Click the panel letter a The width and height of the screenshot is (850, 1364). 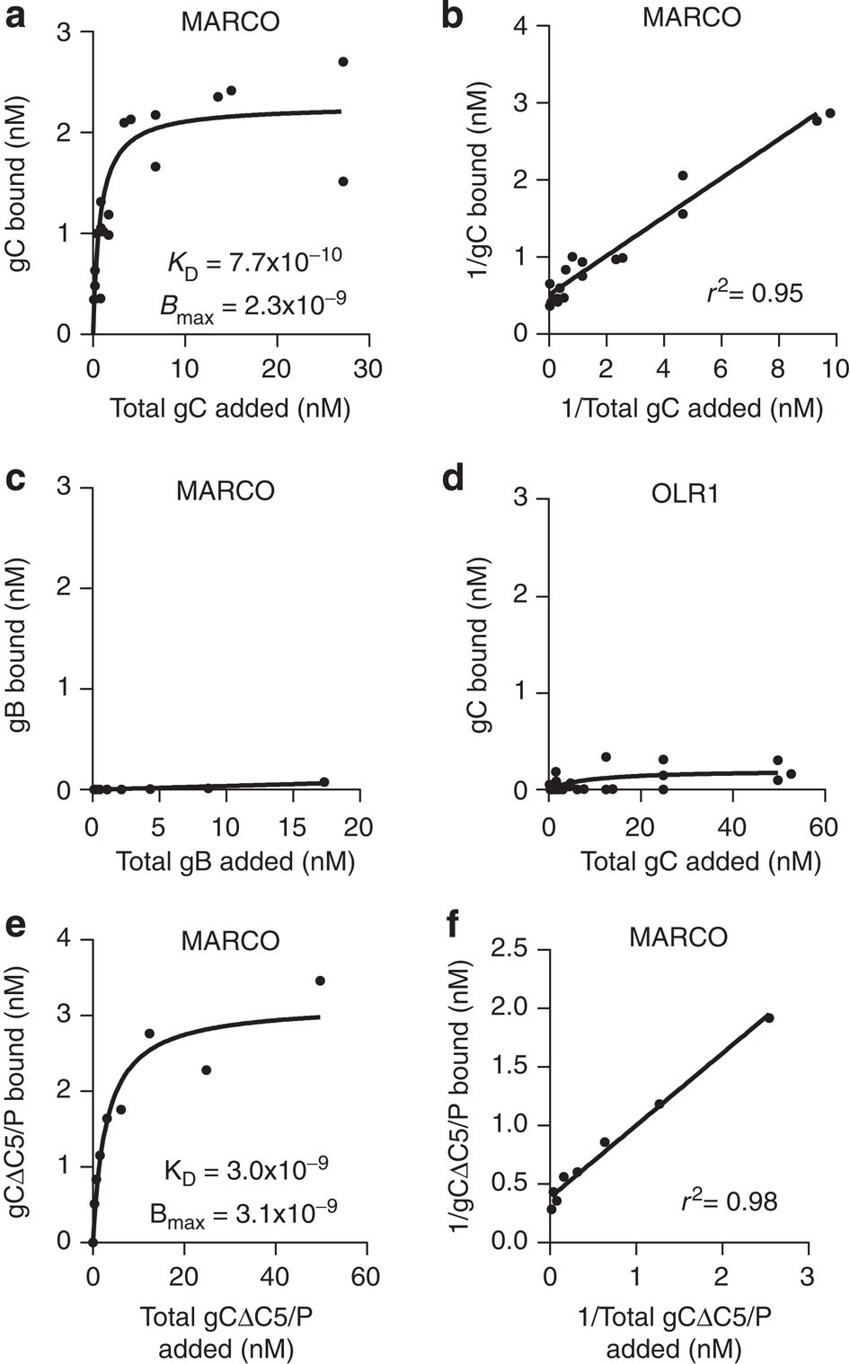15,17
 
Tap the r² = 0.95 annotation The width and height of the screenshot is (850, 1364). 754,292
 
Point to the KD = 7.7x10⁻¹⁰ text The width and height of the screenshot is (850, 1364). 254,261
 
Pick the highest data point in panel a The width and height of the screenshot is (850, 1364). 342,62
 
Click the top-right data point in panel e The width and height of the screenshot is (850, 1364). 319,981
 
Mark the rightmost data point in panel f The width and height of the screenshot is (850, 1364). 769,1017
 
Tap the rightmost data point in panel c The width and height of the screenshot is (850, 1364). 323,782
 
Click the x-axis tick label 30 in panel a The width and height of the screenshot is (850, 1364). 368,369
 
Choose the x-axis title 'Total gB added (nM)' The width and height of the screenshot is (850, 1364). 235,861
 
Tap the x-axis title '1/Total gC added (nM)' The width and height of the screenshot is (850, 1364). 691,408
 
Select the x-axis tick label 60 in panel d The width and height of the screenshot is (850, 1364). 823,826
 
